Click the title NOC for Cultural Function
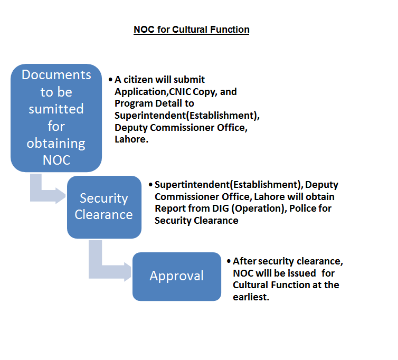[x=191, y=30]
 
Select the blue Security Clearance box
[x=104, y=206]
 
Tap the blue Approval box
[x=176, y=276]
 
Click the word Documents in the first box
[x=56, y=75]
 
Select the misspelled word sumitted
[x=56, y=109]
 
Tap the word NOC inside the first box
[x=56, y=159]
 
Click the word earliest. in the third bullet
[x=251, y=297]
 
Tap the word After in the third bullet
[x=244, y=261]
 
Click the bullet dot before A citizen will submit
[x=110, y=80]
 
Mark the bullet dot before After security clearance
[x=228, y=261]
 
